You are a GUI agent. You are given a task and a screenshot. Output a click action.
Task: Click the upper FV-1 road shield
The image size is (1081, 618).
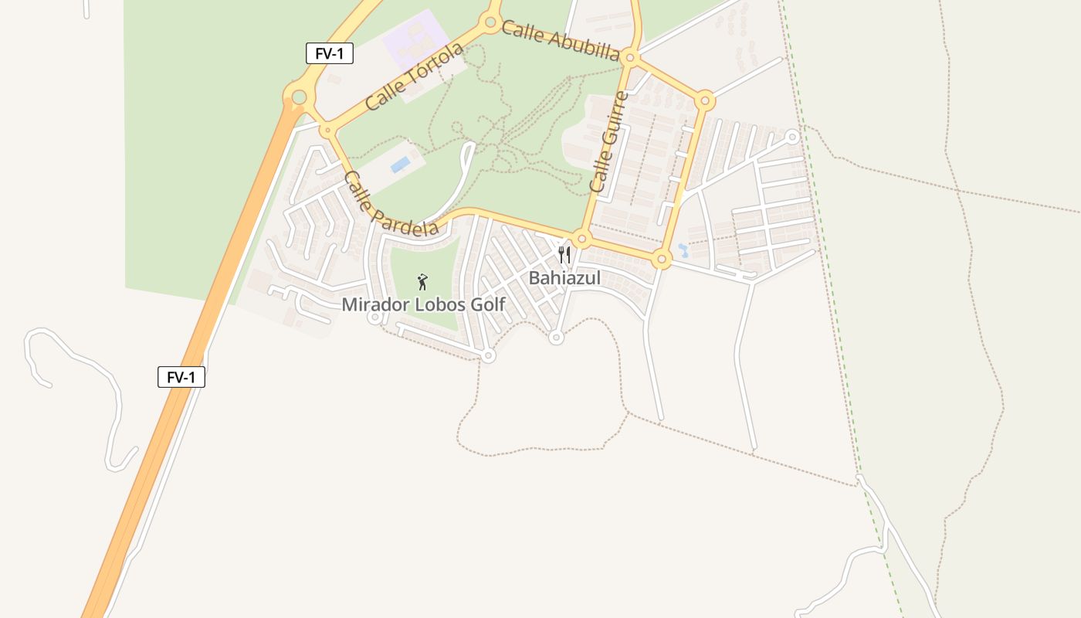(x=329, y=53)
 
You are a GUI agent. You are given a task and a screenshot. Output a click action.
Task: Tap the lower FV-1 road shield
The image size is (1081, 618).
(x=181, y=377)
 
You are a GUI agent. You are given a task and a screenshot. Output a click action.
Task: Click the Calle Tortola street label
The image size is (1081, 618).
(x=415, y=76)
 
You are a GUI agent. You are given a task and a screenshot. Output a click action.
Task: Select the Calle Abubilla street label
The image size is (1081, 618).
(x=560, y=40)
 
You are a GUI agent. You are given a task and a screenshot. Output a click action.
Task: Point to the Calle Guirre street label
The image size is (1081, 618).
(x=608, y=142)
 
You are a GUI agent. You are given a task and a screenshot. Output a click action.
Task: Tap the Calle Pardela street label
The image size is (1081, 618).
(x=390, y=204)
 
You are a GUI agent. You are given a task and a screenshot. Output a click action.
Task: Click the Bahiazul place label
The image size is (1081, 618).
(x=564, y=278)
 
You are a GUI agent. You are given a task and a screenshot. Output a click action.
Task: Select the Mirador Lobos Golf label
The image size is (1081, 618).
(x=423, y=304)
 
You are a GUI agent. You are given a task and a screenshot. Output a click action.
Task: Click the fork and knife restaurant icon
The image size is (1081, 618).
(x=564, y=255)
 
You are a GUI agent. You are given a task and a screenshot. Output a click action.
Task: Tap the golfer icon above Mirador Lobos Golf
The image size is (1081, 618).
(x=422, y=282)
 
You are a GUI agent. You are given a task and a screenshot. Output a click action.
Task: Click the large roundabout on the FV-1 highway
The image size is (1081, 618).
(x=299, y=97)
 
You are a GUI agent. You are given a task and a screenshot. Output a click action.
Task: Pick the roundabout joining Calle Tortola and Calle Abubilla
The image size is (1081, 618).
(x=490, y=22)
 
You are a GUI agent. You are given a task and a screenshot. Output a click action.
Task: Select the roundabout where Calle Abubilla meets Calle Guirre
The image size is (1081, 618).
(x=630, y=57)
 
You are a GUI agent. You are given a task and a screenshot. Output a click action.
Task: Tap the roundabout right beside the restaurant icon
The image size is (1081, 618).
(x=582, y=239)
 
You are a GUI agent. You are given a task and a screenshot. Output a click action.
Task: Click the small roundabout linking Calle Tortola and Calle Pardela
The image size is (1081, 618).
(x=327, y=131)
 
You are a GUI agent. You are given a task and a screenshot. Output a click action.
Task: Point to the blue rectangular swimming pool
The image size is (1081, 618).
(x=400, y=165)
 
